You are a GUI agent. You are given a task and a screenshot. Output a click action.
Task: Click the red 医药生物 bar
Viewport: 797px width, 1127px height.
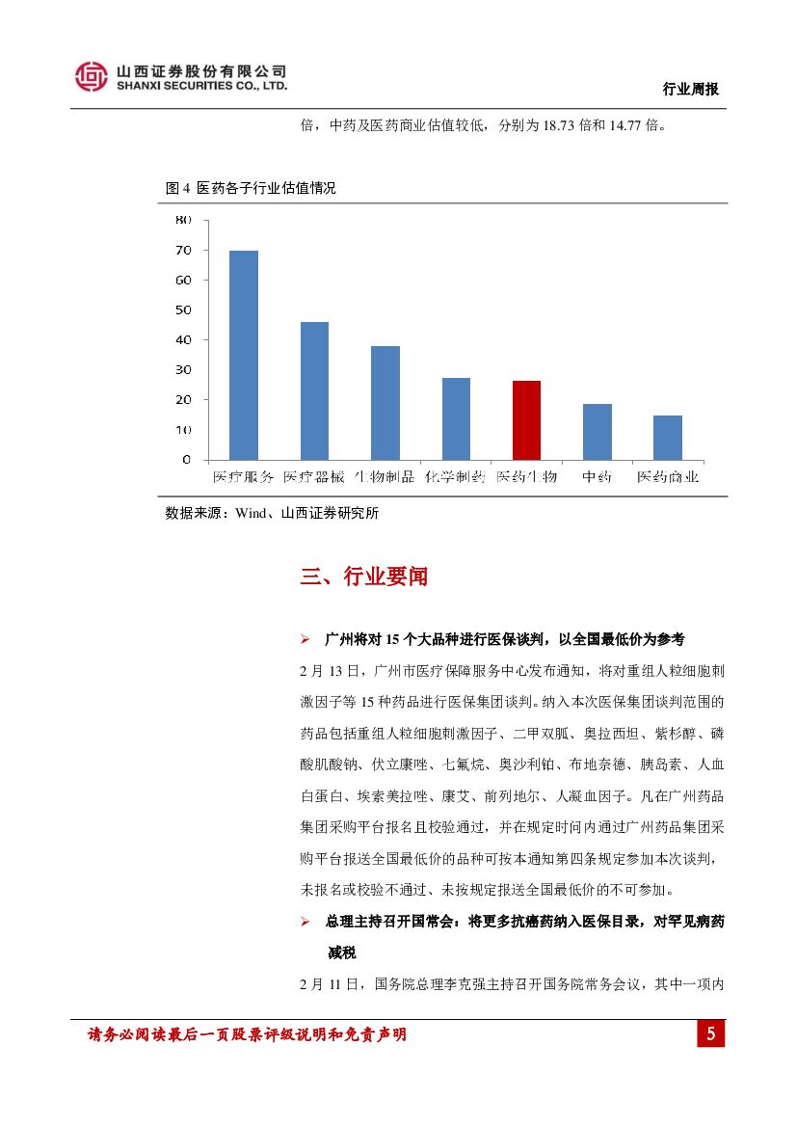click(526, 419)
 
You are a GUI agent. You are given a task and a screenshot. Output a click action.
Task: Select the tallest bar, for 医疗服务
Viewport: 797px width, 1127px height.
click(243, 355)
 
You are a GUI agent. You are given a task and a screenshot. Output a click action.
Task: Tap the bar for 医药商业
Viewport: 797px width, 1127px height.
click(668, 437)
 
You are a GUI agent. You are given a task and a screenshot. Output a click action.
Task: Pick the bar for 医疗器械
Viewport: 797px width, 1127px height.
click(314, 390)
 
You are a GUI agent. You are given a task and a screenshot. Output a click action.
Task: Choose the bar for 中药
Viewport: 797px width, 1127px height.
click(597, 431)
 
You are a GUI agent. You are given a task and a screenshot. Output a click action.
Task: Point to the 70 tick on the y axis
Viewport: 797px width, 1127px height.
click(183, 251)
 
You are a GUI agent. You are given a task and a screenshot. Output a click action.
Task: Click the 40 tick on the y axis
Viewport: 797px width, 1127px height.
click(183, 340)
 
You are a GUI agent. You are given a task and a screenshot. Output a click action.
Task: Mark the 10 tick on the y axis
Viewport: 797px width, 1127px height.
click(183, 430)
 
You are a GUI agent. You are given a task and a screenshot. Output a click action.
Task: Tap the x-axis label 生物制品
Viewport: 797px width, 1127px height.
click(385, 477)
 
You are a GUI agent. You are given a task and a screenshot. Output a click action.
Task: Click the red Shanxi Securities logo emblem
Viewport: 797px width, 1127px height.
click(92, 77)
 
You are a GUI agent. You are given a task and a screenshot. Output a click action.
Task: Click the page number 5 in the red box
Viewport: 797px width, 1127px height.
click(710, 1035)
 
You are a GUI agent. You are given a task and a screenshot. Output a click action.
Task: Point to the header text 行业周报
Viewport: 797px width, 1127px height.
click(691, 89)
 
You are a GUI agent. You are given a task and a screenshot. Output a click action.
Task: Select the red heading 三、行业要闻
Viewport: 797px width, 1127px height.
click(363, 577)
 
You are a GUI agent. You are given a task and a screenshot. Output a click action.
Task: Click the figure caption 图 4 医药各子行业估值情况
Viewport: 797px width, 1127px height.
click(251, 189)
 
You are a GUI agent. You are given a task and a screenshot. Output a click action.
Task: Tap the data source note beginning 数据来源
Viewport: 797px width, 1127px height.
click(273, 514)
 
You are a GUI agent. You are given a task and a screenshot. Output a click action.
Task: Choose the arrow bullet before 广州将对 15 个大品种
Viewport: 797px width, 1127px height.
click(305, 639)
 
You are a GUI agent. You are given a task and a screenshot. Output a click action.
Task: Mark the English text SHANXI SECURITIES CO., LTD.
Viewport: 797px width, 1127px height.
click(201, 86)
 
